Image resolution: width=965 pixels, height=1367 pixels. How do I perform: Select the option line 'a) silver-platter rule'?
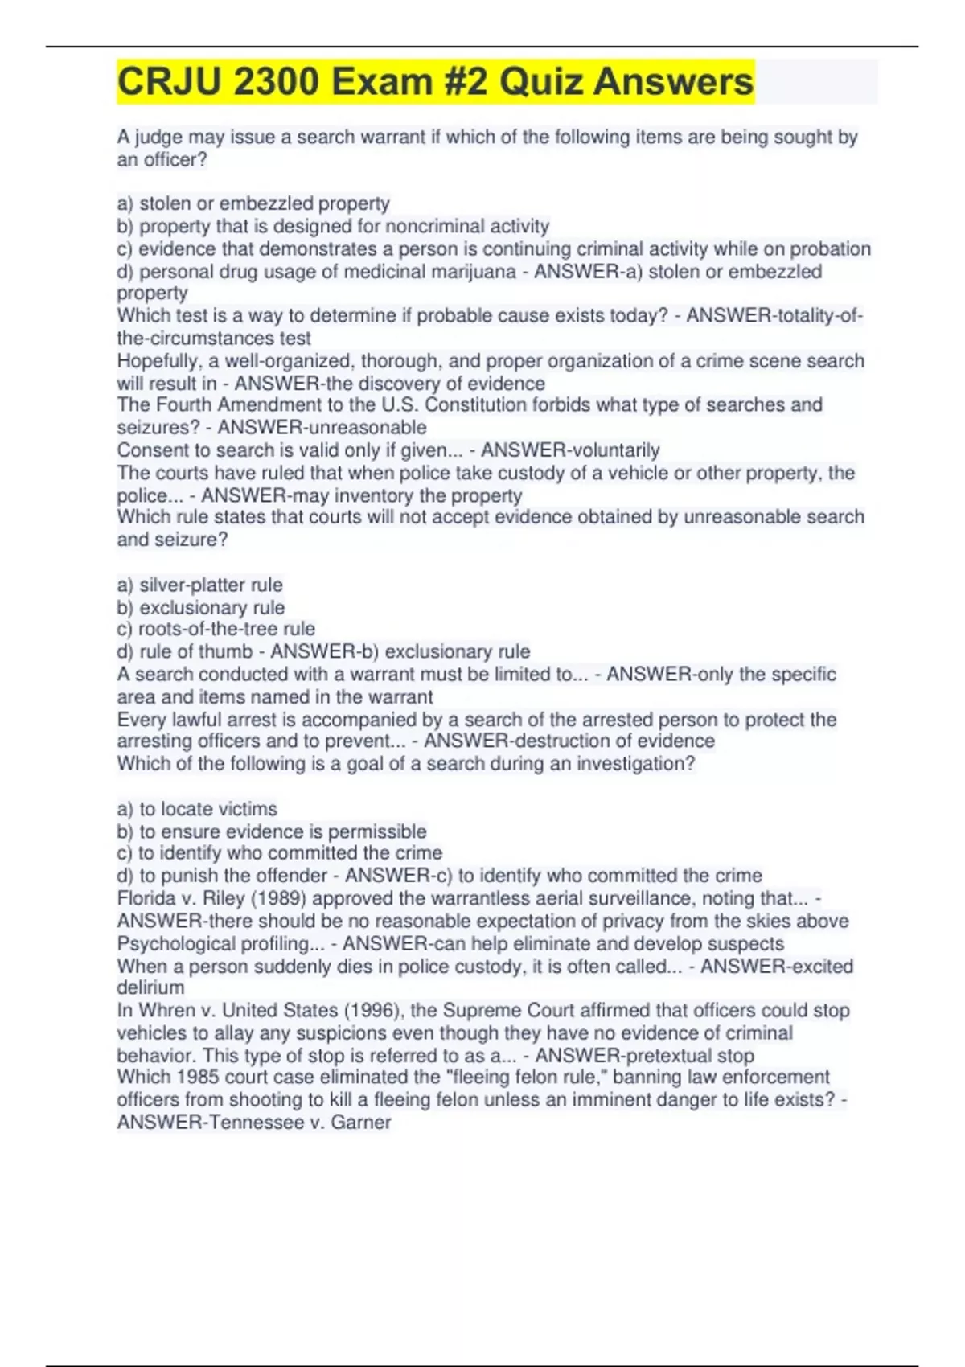click(199, 585)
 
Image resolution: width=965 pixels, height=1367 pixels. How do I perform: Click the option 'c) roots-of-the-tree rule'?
click(216, 629)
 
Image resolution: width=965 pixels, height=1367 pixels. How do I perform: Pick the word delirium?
click(150, 987)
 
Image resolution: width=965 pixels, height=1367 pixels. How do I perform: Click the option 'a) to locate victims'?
click(197, 809)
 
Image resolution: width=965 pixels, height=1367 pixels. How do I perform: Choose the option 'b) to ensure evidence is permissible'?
click(272, 831)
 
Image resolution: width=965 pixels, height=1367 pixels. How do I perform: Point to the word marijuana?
click(470, 272)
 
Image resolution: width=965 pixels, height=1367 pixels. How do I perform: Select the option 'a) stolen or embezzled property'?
click(253, 203)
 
